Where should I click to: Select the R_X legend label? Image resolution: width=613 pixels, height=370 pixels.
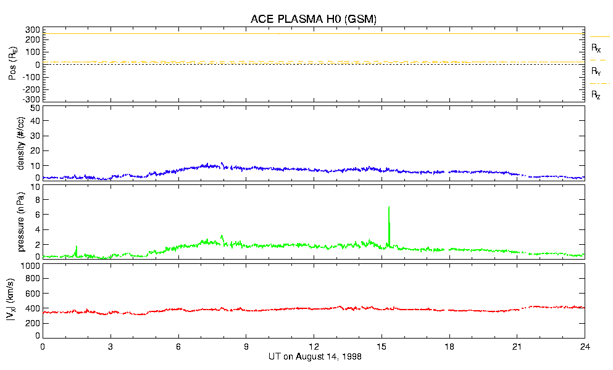click(x=596, y=47)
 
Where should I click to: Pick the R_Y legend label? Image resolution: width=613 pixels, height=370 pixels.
click(x=596, y=72)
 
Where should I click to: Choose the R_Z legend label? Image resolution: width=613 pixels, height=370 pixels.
click(x=596, y=95)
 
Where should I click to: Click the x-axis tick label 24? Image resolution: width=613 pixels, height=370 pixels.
click(x=584, y=347)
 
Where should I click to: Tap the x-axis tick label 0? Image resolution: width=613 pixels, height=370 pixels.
click(x=43, y=347)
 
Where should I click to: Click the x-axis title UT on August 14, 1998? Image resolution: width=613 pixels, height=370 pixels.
click(x=315, y=357)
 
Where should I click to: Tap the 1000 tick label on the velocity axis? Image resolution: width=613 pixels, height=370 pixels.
click(x=30, y=266)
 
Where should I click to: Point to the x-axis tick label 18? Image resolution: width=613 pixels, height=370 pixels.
click(x=449, y=347)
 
